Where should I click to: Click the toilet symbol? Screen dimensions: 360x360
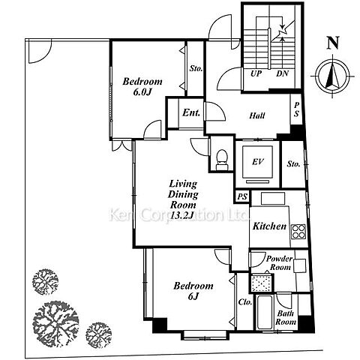[x=221, y=160]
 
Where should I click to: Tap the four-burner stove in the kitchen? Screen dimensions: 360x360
[x=298, y=232]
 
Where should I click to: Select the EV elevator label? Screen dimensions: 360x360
[x=257, y=162]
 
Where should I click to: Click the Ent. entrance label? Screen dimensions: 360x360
[x=191, y=112]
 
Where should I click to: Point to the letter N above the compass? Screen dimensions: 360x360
[x=333, y=43]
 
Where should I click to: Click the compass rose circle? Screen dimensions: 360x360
[x=332, y=76]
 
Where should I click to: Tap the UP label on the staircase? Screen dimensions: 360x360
[x=256, y=73]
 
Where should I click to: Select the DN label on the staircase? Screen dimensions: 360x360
[x=283, y=73]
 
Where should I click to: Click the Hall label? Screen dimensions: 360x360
[x=257, y=115]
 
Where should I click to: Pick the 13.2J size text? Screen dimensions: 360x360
[x=182, y=215]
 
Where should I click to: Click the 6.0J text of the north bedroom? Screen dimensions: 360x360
[x=142, y=92]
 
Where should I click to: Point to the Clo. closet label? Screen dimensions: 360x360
[x=245, y=302]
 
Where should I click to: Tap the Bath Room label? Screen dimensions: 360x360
[x=286, y=317]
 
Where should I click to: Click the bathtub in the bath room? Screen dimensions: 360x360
[x=265, y=313]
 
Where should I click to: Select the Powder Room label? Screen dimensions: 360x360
[x=280, y=262]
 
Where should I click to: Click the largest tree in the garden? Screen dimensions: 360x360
[x=56, y=320]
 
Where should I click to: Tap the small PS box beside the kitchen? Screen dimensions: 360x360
[x=242, y=196]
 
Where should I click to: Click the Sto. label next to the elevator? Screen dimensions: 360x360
[x=293, y=164]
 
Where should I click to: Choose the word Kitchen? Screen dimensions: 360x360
[x=269, y=226]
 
